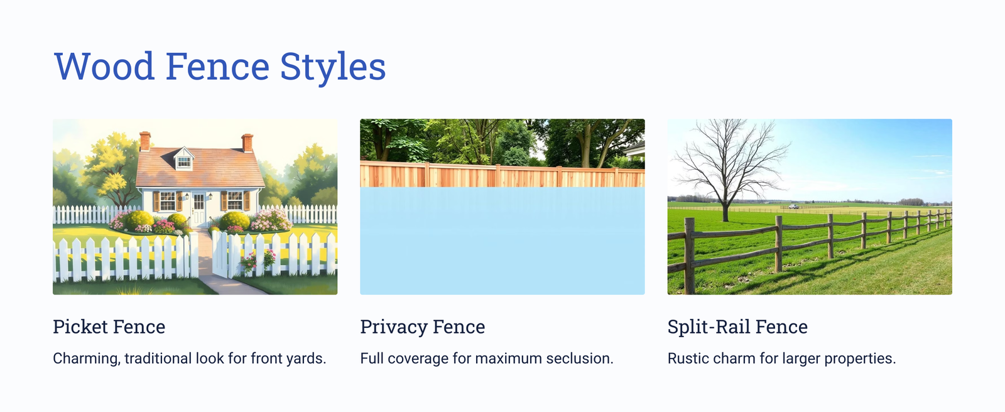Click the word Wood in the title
[104, 67]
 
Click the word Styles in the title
[333, 67]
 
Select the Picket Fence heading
[109, 327]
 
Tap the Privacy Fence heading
[423, 327]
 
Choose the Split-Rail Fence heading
[737, 327]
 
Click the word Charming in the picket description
[87, 359]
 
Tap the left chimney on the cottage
[145, 141]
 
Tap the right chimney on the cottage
[247, 143]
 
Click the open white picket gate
[220, 254]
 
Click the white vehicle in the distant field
[794, 207]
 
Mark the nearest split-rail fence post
[690, 256]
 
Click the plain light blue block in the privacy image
[503, 241]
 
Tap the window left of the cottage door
[168, 200]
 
